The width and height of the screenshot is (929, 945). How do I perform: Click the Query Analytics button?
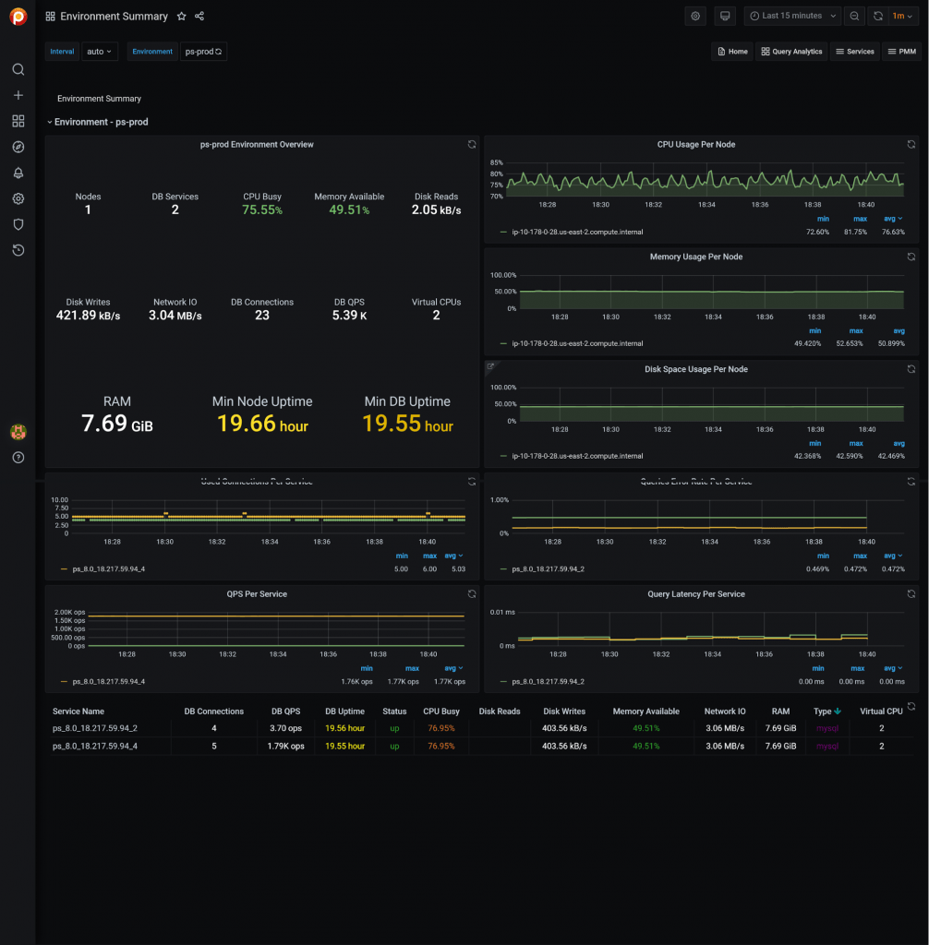click(791, 52)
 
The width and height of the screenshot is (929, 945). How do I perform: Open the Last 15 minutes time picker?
click(792, 16)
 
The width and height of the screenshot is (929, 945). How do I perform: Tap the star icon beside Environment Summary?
click(181, 17)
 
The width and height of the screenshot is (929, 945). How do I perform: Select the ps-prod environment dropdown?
click(203, 52)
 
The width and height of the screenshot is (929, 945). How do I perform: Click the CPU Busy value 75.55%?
click(261, 209)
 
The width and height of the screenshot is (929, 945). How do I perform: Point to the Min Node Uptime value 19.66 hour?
click(262, 424)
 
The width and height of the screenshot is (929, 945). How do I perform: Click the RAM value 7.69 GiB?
click(117, 424)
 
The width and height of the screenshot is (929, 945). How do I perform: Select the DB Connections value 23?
click(262, 316)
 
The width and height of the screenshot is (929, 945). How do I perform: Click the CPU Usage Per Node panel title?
click(695, 145)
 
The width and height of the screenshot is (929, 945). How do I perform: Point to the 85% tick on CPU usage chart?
click(496, 162)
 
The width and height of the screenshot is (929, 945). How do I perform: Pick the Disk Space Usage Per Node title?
click(695, 369)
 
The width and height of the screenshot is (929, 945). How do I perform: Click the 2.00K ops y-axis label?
click(70, 613)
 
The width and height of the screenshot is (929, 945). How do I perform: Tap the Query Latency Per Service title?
click(695, 594)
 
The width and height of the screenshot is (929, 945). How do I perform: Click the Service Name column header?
click(78, 712)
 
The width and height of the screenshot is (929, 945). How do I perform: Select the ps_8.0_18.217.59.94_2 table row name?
click(95, 728)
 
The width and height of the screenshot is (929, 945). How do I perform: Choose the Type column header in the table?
click(822, 712)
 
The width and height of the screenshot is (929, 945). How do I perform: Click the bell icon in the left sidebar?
click(18, 173)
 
